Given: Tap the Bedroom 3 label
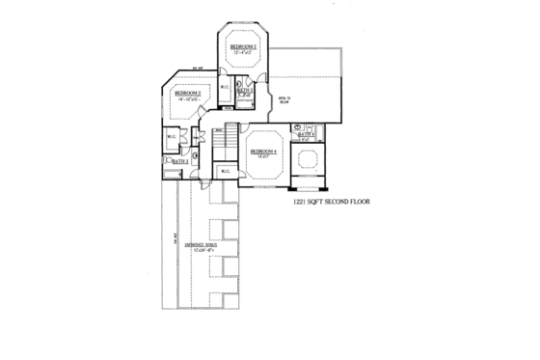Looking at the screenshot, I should coord(187,93).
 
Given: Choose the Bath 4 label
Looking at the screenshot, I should coord(306,134).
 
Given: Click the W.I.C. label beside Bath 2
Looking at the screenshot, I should coord(225,89).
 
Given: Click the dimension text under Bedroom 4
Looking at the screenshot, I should coord(262,157).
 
